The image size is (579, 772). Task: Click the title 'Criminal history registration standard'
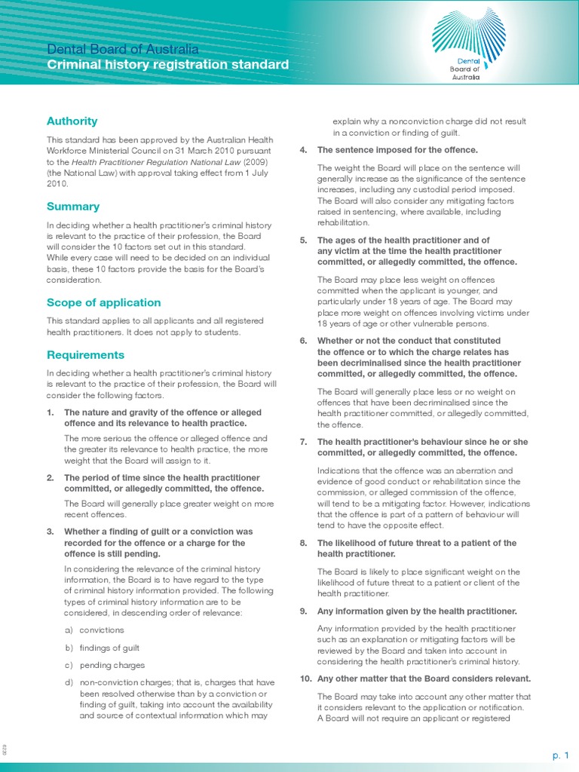click(167, 65)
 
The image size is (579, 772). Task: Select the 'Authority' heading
click(72, 121)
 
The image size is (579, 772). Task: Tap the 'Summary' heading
click(72, 206)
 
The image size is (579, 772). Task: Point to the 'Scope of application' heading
click(103, 302)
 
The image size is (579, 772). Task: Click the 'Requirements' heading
click(85, 354)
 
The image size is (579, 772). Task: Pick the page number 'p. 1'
click(559, 755)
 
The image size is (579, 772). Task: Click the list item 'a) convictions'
click(94, 630)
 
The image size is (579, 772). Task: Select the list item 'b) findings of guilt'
click(102, 648)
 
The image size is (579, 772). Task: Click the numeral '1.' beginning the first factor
click(51, 412)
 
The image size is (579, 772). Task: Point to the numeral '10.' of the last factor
click(305, 679)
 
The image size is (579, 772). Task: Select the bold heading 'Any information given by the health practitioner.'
click(417, 611)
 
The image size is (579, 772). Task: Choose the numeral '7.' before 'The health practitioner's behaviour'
click(304, 442)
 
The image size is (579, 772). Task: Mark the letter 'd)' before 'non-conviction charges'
click(69, 683)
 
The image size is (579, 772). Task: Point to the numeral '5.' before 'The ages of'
click(304, 240)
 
